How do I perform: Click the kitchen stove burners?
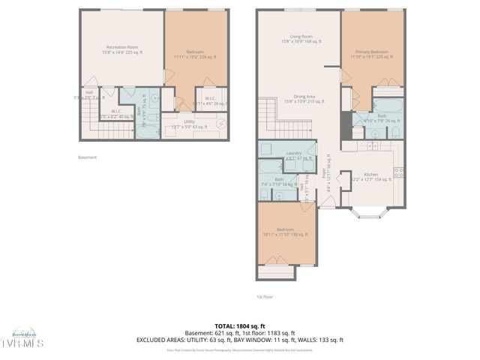(x=399, y=172)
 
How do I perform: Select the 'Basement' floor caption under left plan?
(x=88, y=157)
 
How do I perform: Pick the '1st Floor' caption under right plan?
(x=265, y=296)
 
